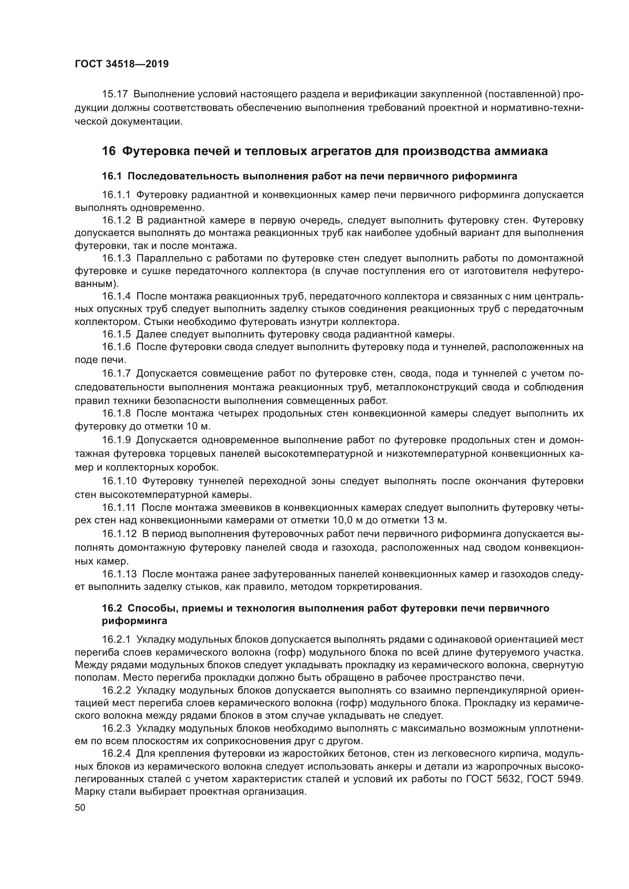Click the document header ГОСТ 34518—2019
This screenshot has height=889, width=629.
pyautogui.click(x=122, y=64)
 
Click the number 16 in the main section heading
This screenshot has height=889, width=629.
pyautogui.click(x=108, y=151)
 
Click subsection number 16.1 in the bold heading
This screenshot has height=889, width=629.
pyautogui.click(x=111, y=176)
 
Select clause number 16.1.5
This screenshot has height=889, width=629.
pyautogui.click(x=117, y=334)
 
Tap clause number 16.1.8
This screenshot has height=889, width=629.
pyautogui.click(x=117, y=413)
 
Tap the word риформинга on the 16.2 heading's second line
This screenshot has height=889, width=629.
pyautogui.click(x=134, y=621)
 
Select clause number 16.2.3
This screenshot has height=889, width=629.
pyautogui.click(x=117, y=728)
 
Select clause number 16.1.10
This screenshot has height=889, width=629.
pyautogui.click(x=119, y=481)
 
